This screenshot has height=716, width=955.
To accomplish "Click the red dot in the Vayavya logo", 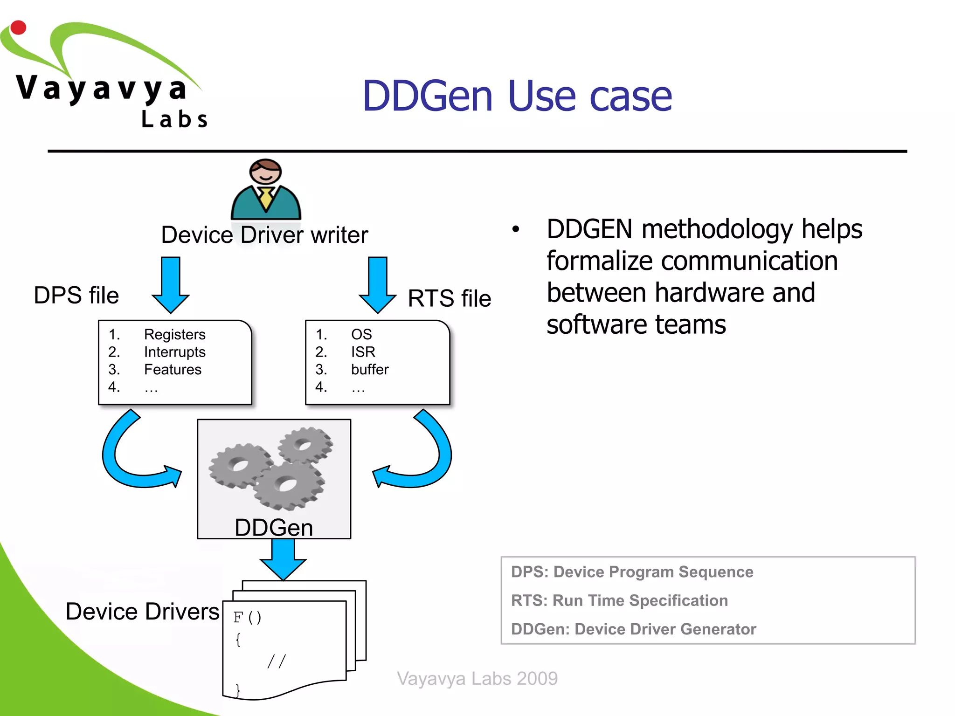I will click(x=18, y=28).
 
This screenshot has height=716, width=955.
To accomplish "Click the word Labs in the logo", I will click(x=174, y=119).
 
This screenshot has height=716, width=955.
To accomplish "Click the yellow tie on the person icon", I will click(x=266, y=198).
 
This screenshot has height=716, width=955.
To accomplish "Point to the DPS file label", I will click(x=76, y=296).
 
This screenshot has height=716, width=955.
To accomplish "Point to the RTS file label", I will click(x=449, y=298).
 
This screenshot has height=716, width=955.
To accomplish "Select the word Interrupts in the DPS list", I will click(x=174, y=352).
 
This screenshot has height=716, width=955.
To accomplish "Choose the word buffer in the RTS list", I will click(x=369, y=369).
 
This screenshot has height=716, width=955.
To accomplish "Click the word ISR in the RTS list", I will click(x=363, y=352).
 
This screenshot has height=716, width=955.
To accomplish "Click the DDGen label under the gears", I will click(x=274, y=528).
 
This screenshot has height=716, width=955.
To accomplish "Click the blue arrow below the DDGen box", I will click(x=283, y=559).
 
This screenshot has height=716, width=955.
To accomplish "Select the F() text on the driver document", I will click(x=248, y=617).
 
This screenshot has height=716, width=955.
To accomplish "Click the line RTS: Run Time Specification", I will click(x=619, y=600).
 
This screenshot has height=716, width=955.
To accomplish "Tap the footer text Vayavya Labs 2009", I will click(x=477, y=678).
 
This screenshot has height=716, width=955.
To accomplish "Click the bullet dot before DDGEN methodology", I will click(x=515, y=229).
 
